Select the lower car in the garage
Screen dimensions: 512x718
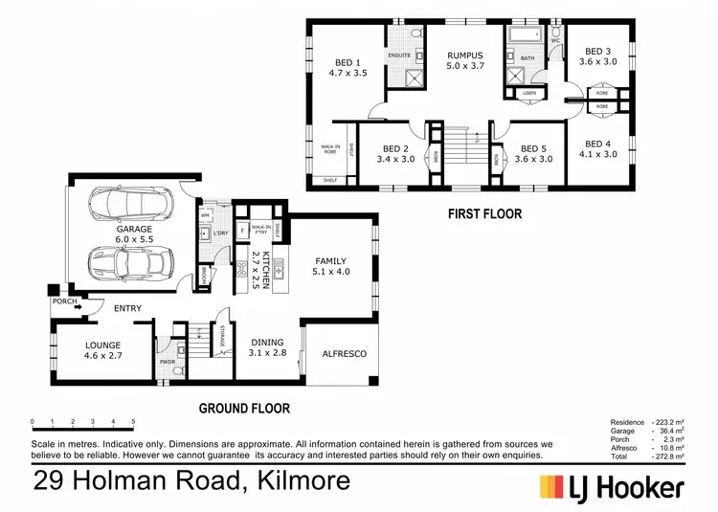pos(131,262)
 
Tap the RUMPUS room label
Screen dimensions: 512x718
pos(464,56)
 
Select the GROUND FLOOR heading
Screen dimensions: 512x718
pos(243,408)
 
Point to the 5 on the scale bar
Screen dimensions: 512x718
pos(133,421)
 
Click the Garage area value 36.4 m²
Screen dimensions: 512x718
pos(667,432)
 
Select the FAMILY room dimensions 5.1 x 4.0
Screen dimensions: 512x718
pos(331,273)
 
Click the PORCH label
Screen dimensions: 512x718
pos(65,301)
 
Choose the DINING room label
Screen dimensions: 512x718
pos(267,342)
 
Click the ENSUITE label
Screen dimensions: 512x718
pos(400,55)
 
